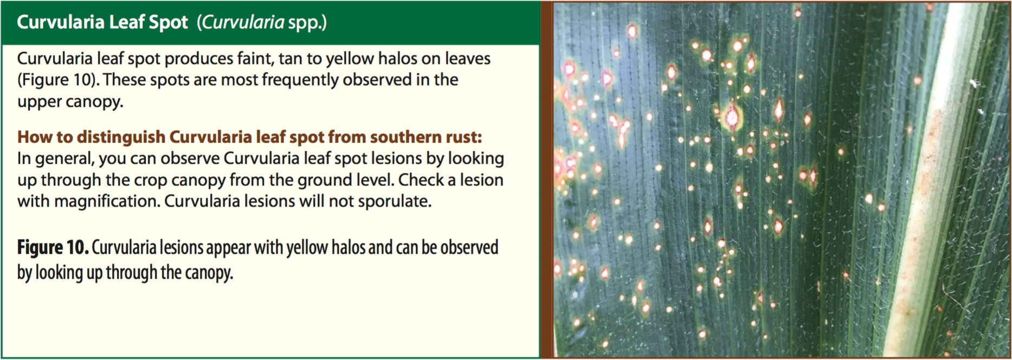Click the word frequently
click(300, 80)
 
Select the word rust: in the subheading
click(459, 138)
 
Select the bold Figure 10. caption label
click(53, 248)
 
